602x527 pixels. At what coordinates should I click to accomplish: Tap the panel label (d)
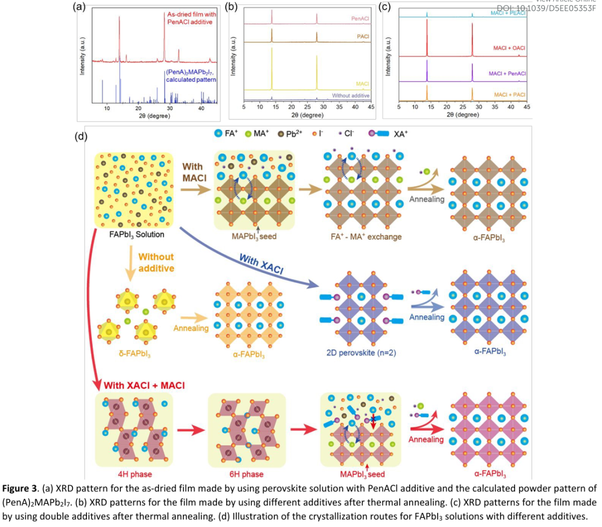click(81, 136)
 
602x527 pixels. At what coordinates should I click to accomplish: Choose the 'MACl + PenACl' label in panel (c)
click(507, 73)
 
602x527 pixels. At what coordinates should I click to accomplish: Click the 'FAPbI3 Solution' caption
click(137, 235)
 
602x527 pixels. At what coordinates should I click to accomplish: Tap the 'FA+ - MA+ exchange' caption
click(360, 236)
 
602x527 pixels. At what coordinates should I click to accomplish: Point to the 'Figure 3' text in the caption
click(20, 489)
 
